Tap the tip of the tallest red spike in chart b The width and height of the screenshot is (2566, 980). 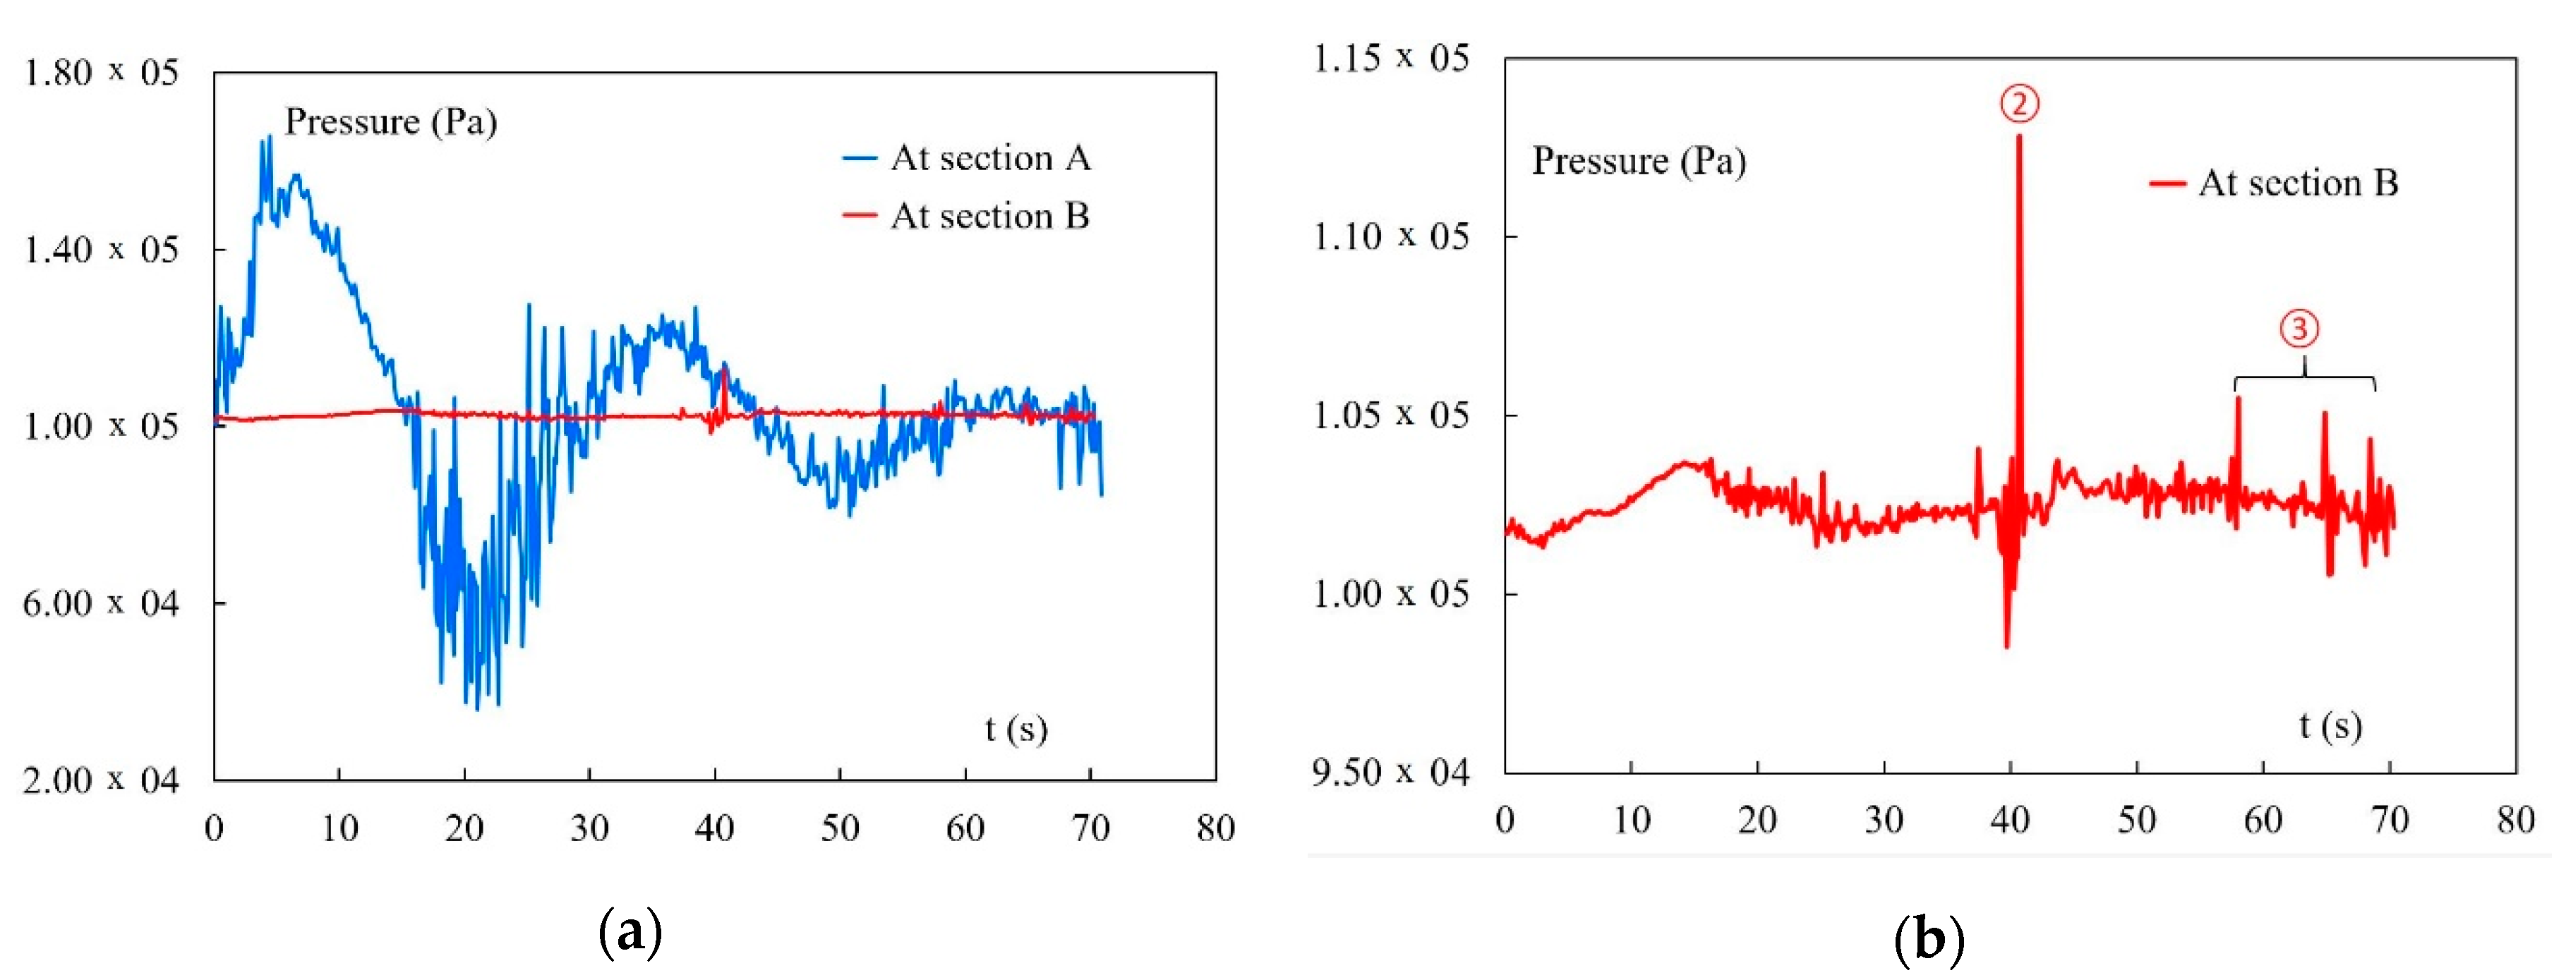(2019, 136)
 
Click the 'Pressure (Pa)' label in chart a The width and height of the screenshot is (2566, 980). (390, 121)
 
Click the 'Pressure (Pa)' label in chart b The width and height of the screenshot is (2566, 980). (1639, 160)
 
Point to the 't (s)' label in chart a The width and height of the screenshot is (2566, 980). (1016, 728)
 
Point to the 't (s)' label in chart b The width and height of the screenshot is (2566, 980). (2330, 725)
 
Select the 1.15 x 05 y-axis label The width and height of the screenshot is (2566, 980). (1390, 59)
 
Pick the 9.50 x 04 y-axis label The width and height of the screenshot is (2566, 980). (1390, 772)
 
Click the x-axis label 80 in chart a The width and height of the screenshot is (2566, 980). (1215, 828)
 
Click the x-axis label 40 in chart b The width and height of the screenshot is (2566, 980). (2009, 820)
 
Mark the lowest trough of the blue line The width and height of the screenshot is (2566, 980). (477, 708)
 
